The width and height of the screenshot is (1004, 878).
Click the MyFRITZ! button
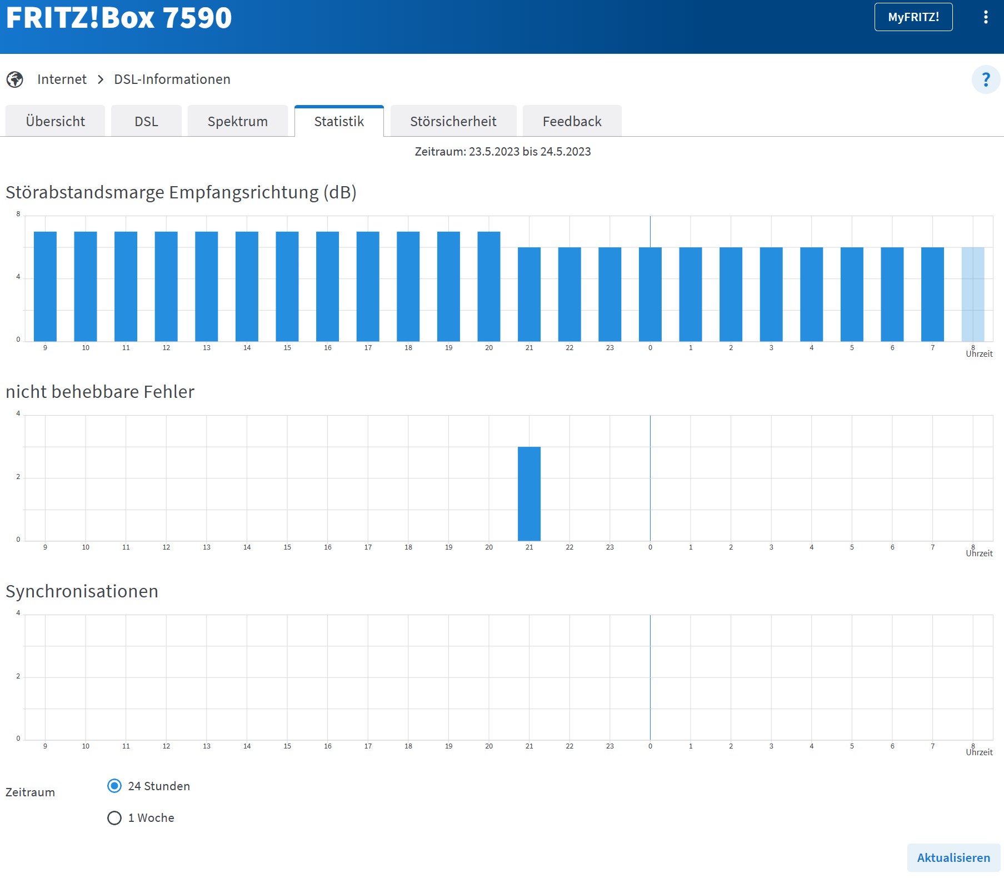(x=913, y=17)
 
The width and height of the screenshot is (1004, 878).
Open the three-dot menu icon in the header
(x=986, y=17)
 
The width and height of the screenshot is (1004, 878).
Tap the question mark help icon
(x=986, y=79)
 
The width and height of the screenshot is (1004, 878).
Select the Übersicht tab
(x=55, y=121)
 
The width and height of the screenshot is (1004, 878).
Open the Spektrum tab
(x=237, y=121)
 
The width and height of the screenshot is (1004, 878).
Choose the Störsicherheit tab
(x=453, y=121)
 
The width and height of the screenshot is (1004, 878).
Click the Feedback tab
(x=572, y=121)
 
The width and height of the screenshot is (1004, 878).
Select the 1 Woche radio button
(x=114, y=818)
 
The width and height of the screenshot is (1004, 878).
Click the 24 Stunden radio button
(x=114, y=786)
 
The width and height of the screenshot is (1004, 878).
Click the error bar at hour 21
(x=529, y=493)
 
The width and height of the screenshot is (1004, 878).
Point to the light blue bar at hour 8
(x=972, y=295)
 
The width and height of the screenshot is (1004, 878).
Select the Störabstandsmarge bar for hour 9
(x=45, y=286)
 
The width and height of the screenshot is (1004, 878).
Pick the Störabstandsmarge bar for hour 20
(x=489, y=286)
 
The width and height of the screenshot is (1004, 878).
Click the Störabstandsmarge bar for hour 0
(x=650, y=295)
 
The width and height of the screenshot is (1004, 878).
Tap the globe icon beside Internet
(x=15, y=79)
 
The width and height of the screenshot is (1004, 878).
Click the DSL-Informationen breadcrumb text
(x=172, y=79)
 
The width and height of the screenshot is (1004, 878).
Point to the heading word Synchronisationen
(x=82, y=591)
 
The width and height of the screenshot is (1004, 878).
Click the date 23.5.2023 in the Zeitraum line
(x=494, y=152)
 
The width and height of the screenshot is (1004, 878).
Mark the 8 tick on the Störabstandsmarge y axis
(x=18, y=214)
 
